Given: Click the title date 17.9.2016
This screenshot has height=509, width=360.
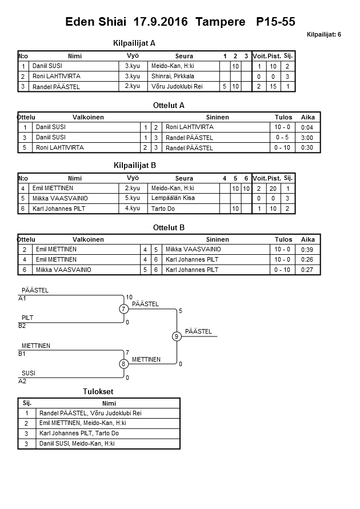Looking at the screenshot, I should point(162,22).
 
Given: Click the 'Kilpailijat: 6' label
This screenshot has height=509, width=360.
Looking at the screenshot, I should point(323,35).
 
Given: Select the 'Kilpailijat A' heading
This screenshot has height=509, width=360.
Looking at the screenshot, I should point(135,43).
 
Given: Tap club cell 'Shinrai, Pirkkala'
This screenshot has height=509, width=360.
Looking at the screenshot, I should point(173,76).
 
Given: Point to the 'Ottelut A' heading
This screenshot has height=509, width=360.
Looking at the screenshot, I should point(169,105).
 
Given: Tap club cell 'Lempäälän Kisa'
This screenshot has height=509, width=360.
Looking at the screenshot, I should point(173,198).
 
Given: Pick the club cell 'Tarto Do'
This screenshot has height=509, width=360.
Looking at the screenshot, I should point(163,209).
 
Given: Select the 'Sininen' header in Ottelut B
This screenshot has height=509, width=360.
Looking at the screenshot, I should point(217,240).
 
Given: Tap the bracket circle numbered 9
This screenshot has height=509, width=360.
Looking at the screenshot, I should point(177,336).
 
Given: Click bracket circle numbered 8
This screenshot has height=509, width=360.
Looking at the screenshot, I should point(123,363).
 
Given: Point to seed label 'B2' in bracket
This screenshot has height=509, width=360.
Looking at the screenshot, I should point(23,326).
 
